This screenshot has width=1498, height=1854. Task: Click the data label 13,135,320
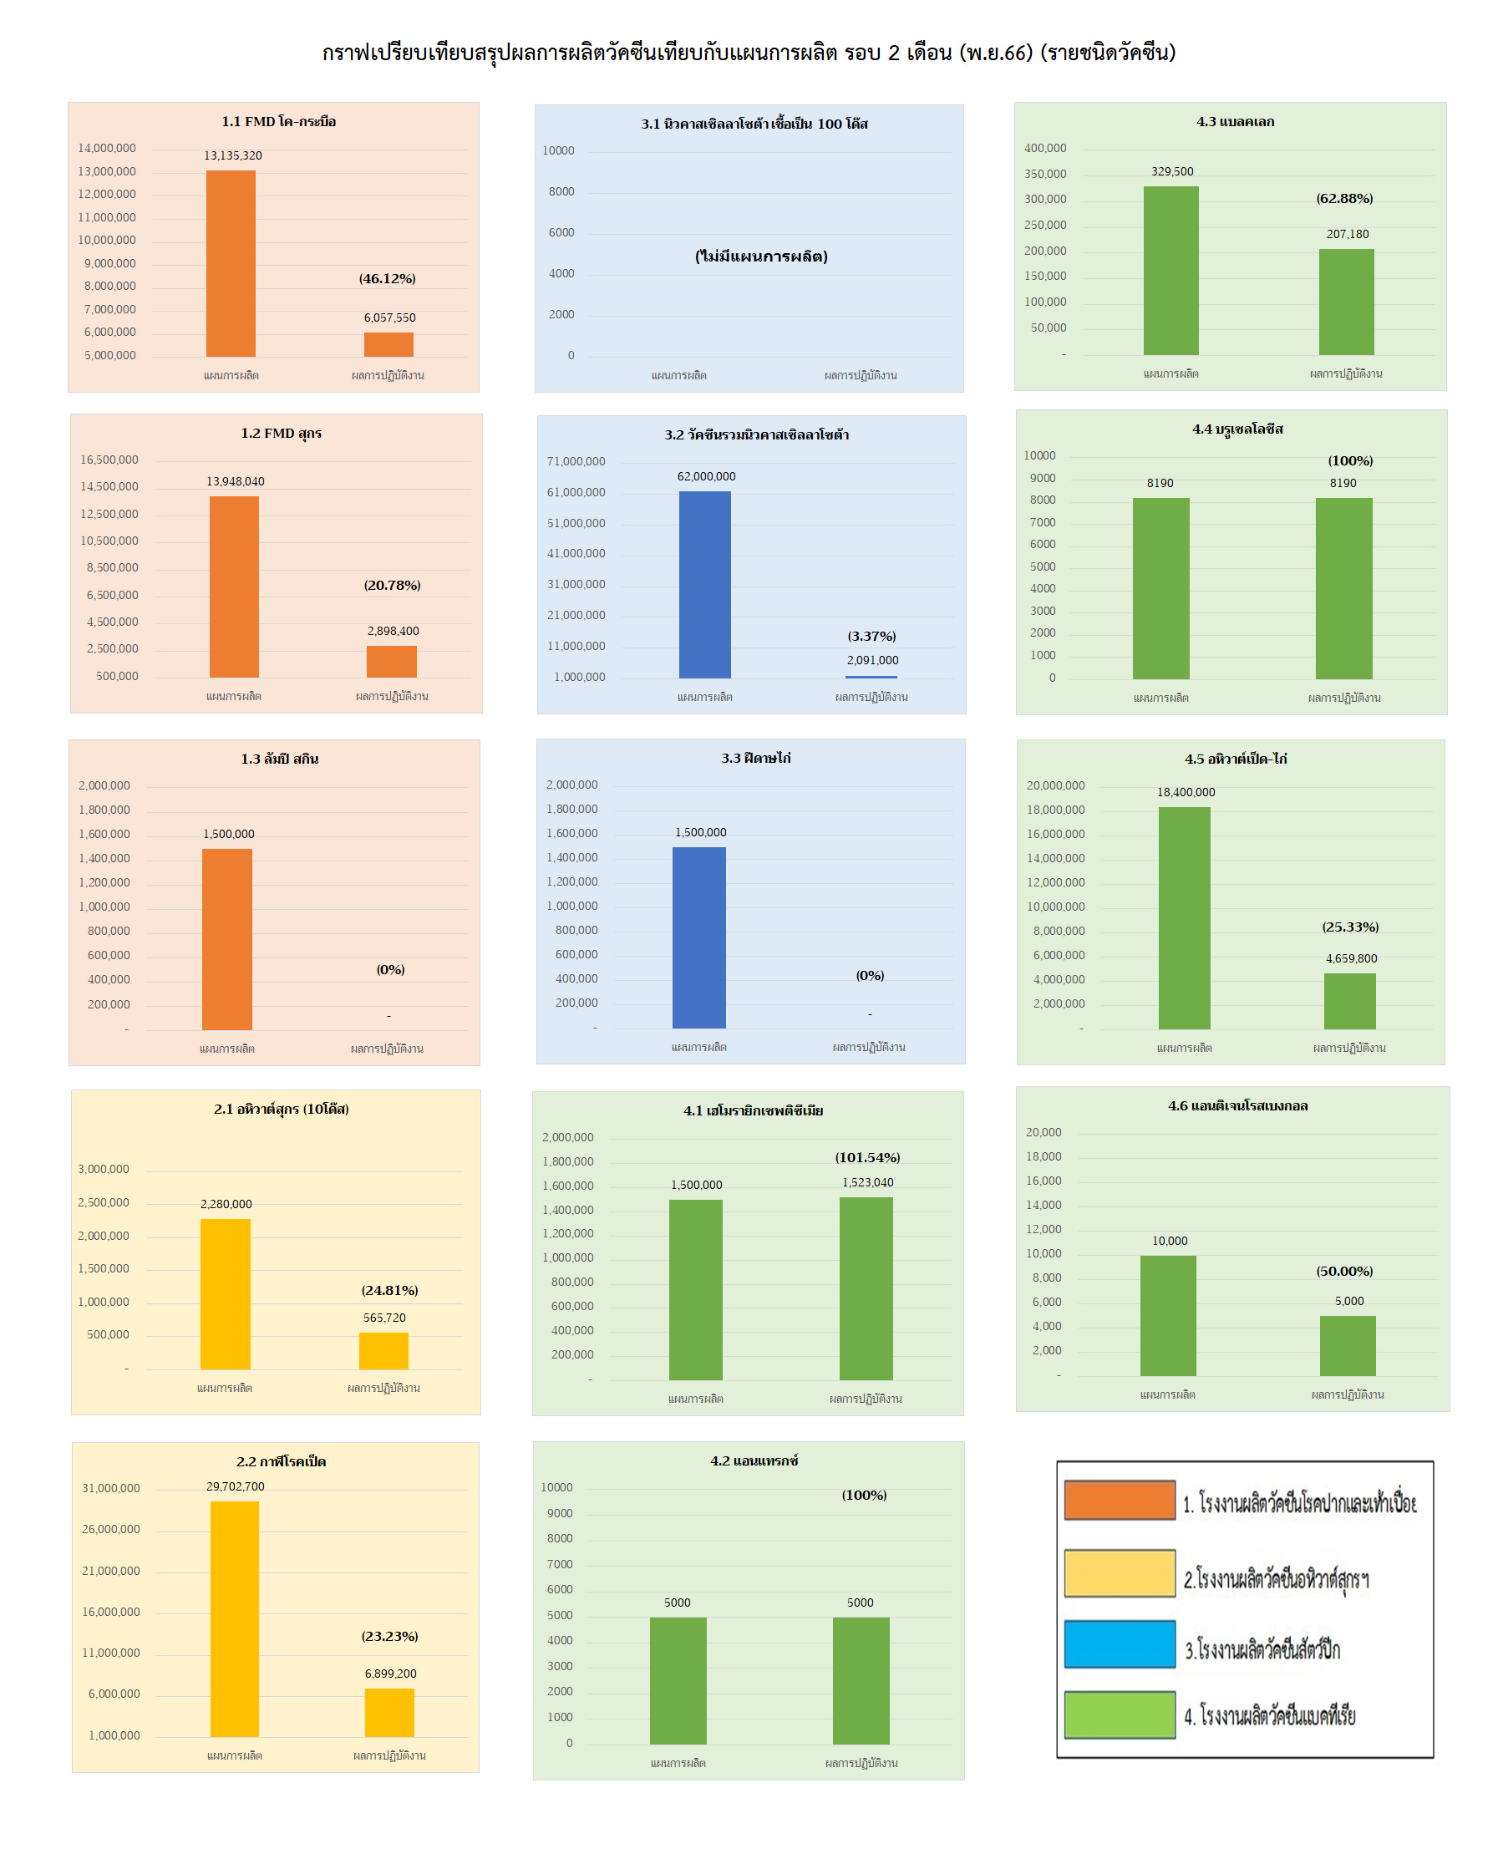[x=233, y=155]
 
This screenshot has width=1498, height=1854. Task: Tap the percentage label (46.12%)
[x=388, y=279]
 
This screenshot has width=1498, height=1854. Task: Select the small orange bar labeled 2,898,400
[x=392, y=662]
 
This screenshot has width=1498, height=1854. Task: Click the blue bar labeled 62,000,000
[x=705, y=584]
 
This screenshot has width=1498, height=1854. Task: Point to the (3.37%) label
[x=871, y=636]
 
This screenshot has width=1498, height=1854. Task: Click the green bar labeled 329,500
[x=1171, y=271]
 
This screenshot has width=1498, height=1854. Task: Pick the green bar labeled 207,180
[x=1346, y=302]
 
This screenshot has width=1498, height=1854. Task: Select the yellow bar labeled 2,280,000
[x=226, y=1293]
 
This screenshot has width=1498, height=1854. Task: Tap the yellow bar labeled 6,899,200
[x=389, y=1712]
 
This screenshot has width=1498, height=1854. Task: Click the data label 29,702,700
[x=236, y=1486]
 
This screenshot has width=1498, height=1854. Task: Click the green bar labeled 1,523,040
[x=866, y=1288]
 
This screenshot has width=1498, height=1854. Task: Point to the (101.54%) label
[x=867, y=1157]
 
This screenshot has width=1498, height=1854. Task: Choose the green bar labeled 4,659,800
[x=1349, y=1001]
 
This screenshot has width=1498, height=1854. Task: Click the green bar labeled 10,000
[x=1168, y=1315]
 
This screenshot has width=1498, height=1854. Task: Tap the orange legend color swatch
[x=1120, y=1501]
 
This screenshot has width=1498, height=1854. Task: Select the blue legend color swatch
[x=1120, y=1643]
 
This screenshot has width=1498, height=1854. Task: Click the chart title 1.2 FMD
[x=282, y=433]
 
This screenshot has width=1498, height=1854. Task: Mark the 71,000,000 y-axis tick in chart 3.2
[x=576, y=461]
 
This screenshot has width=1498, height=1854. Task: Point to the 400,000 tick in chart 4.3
[x=1045, y=149]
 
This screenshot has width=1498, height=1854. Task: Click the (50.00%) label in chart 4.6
[x=1344, y=1271]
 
